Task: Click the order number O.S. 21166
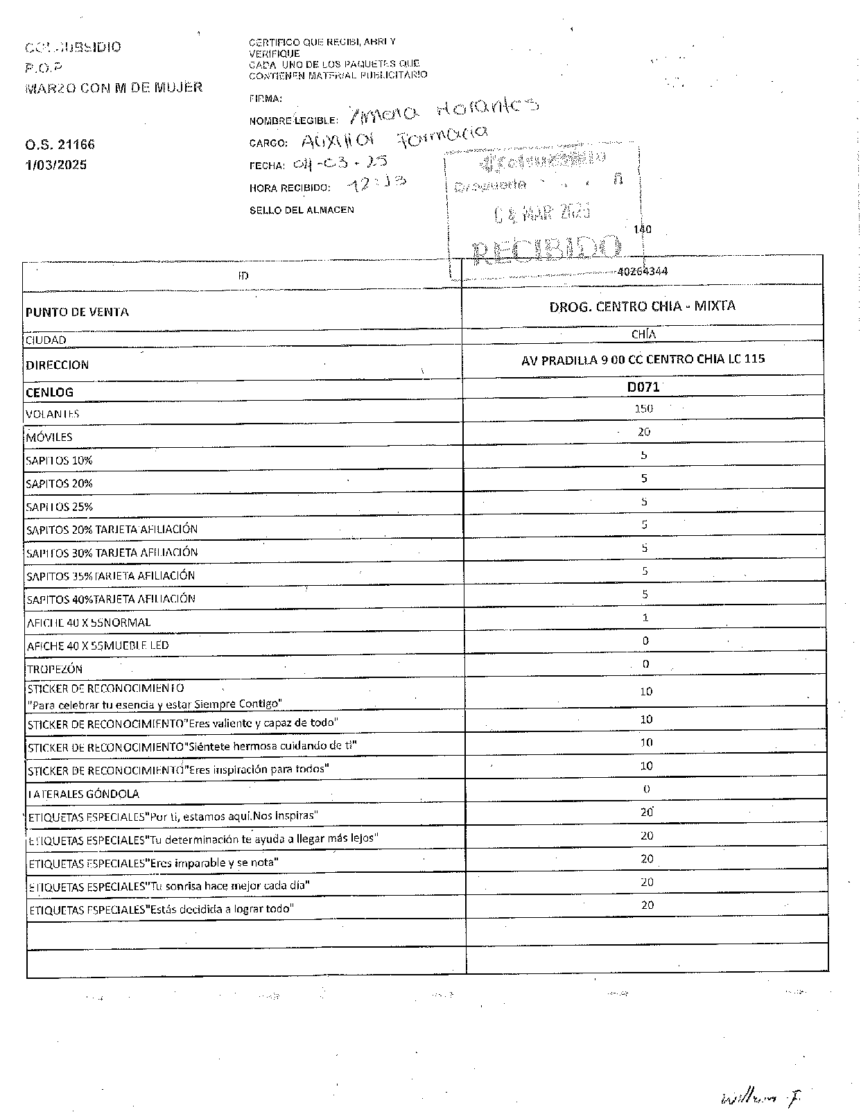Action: point(60,145)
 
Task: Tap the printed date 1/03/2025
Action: point(56,165)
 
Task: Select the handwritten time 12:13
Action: point(377,184)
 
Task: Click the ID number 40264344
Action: point(642,271)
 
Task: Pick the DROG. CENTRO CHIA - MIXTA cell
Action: point(642,306)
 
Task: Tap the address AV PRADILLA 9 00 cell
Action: point(643,359)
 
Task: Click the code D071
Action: point(643,388)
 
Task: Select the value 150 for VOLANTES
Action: point(643,408)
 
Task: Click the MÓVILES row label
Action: point(49,437)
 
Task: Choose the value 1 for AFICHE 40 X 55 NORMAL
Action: point(645,618)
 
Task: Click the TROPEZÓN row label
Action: point(55,669)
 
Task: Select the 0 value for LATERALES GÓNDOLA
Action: point(646,789)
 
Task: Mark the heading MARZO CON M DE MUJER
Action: point(114,87)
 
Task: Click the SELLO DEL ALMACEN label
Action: point(302,210)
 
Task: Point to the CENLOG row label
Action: point(49,392)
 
